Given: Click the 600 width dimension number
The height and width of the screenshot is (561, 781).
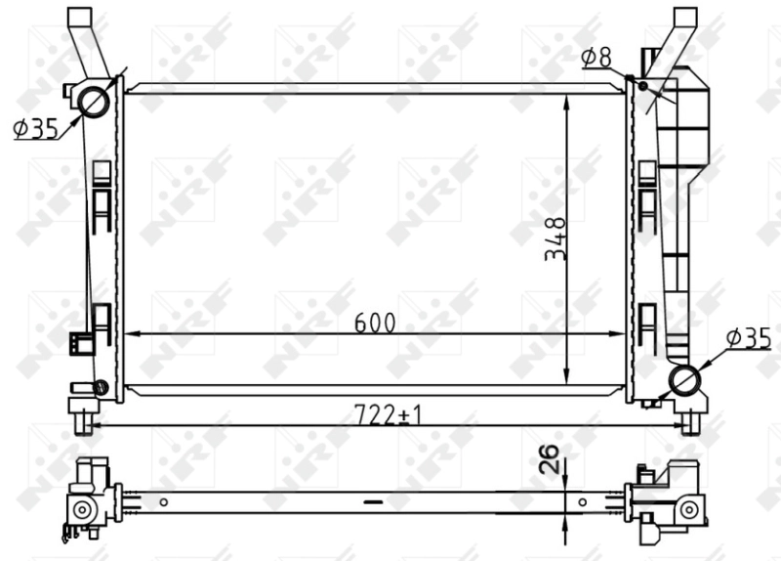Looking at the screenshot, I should [x=375, y=323].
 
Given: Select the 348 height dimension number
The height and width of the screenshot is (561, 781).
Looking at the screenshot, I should [x=555, y=238].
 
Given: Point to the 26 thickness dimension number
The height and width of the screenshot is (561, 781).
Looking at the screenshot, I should [x=550, y=459].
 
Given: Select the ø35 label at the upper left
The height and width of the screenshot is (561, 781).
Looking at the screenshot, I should [x=36, y=128].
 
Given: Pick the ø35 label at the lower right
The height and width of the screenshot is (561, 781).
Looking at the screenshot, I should [x=748, y=338].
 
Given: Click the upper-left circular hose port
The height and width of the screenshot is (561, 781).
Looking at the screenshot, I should [x=94, y=101].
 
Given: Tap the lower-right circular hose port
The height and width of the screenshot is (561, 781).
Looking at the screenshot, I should [x=685, y=379].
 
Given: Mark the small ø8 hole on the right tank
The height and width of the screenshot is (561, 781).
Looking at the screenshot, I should [x=643, y=86].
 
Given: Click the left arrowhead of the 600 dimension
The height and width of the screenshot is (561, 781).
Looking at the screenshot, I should [x=133, y=334].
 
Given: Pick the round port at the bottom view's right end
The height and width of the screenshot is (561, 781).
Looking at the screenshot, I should [x=690, y=508].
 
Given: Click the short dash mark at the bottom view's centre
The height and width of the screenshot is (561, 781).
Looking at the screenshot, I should [x=372, y=501].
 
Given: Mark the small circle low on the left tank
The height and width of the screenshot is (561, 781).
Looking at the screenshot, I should [x=100, y=386].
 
